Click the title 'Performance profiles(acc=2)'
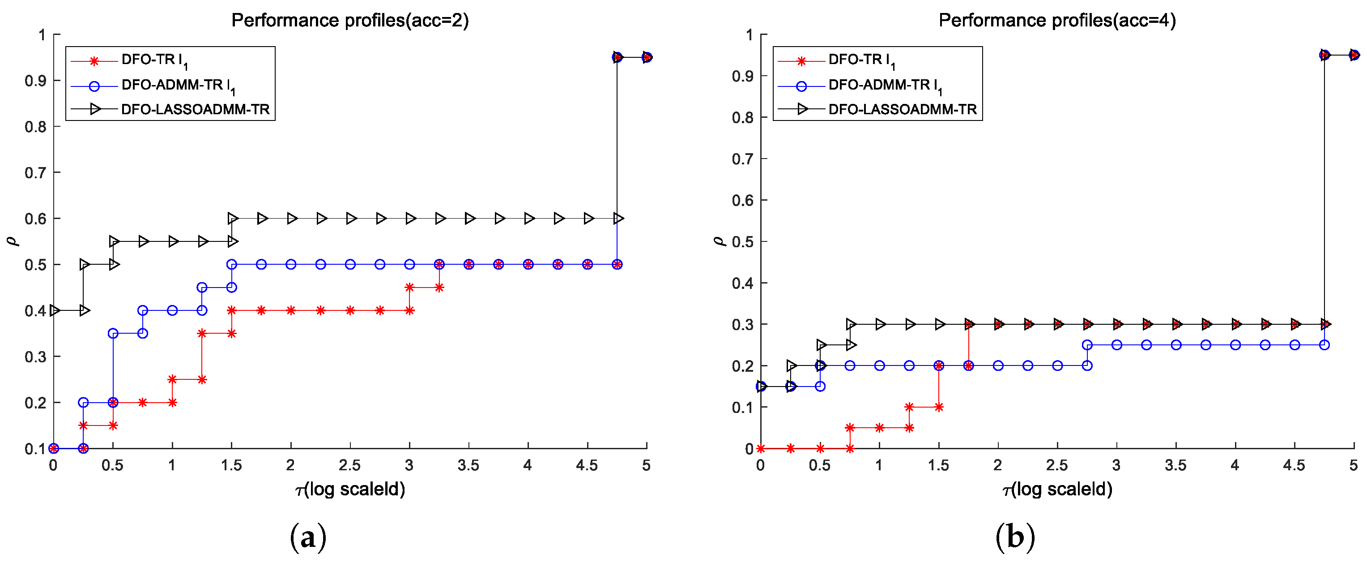350,20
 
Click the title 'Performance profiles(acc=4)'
1056,20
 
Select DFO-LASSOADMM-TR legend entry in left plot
195,109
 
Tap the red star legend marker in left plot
94,61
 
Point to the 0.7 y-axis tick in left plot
35,172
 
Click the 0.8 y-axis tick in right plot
742,117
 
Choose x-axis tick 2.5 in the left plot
350,466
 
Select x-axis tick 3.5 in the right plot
1175,466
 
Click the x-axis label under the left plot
350,489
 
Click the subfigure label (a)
308,537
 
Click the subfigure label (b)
1015,537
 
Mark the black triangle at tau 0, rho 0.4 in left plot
54,310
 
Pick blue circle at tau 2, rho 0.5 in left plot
291,265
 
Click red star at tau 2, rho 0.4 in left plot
291,310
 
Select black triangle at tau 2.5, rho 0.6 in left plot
351,218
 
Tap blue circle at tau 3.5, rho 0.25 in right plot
1176,345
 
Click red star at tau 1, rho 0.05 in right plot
879,428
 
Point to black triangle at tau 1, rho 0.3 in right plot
880,324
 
